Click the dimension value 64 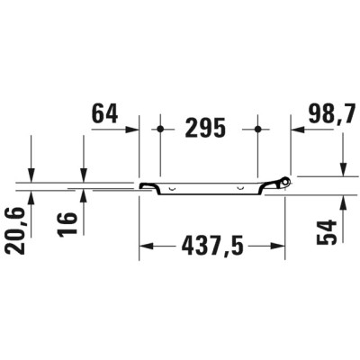pos(104,113)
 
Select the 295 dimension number pos(205,128)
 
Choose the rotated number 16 pos(67,224)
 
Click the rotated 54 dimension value pos(327,232)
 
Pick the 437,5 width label pos(212,246)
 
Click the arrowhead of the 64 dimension pos(132,130)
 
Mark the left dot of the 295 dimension pos(160,130)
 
